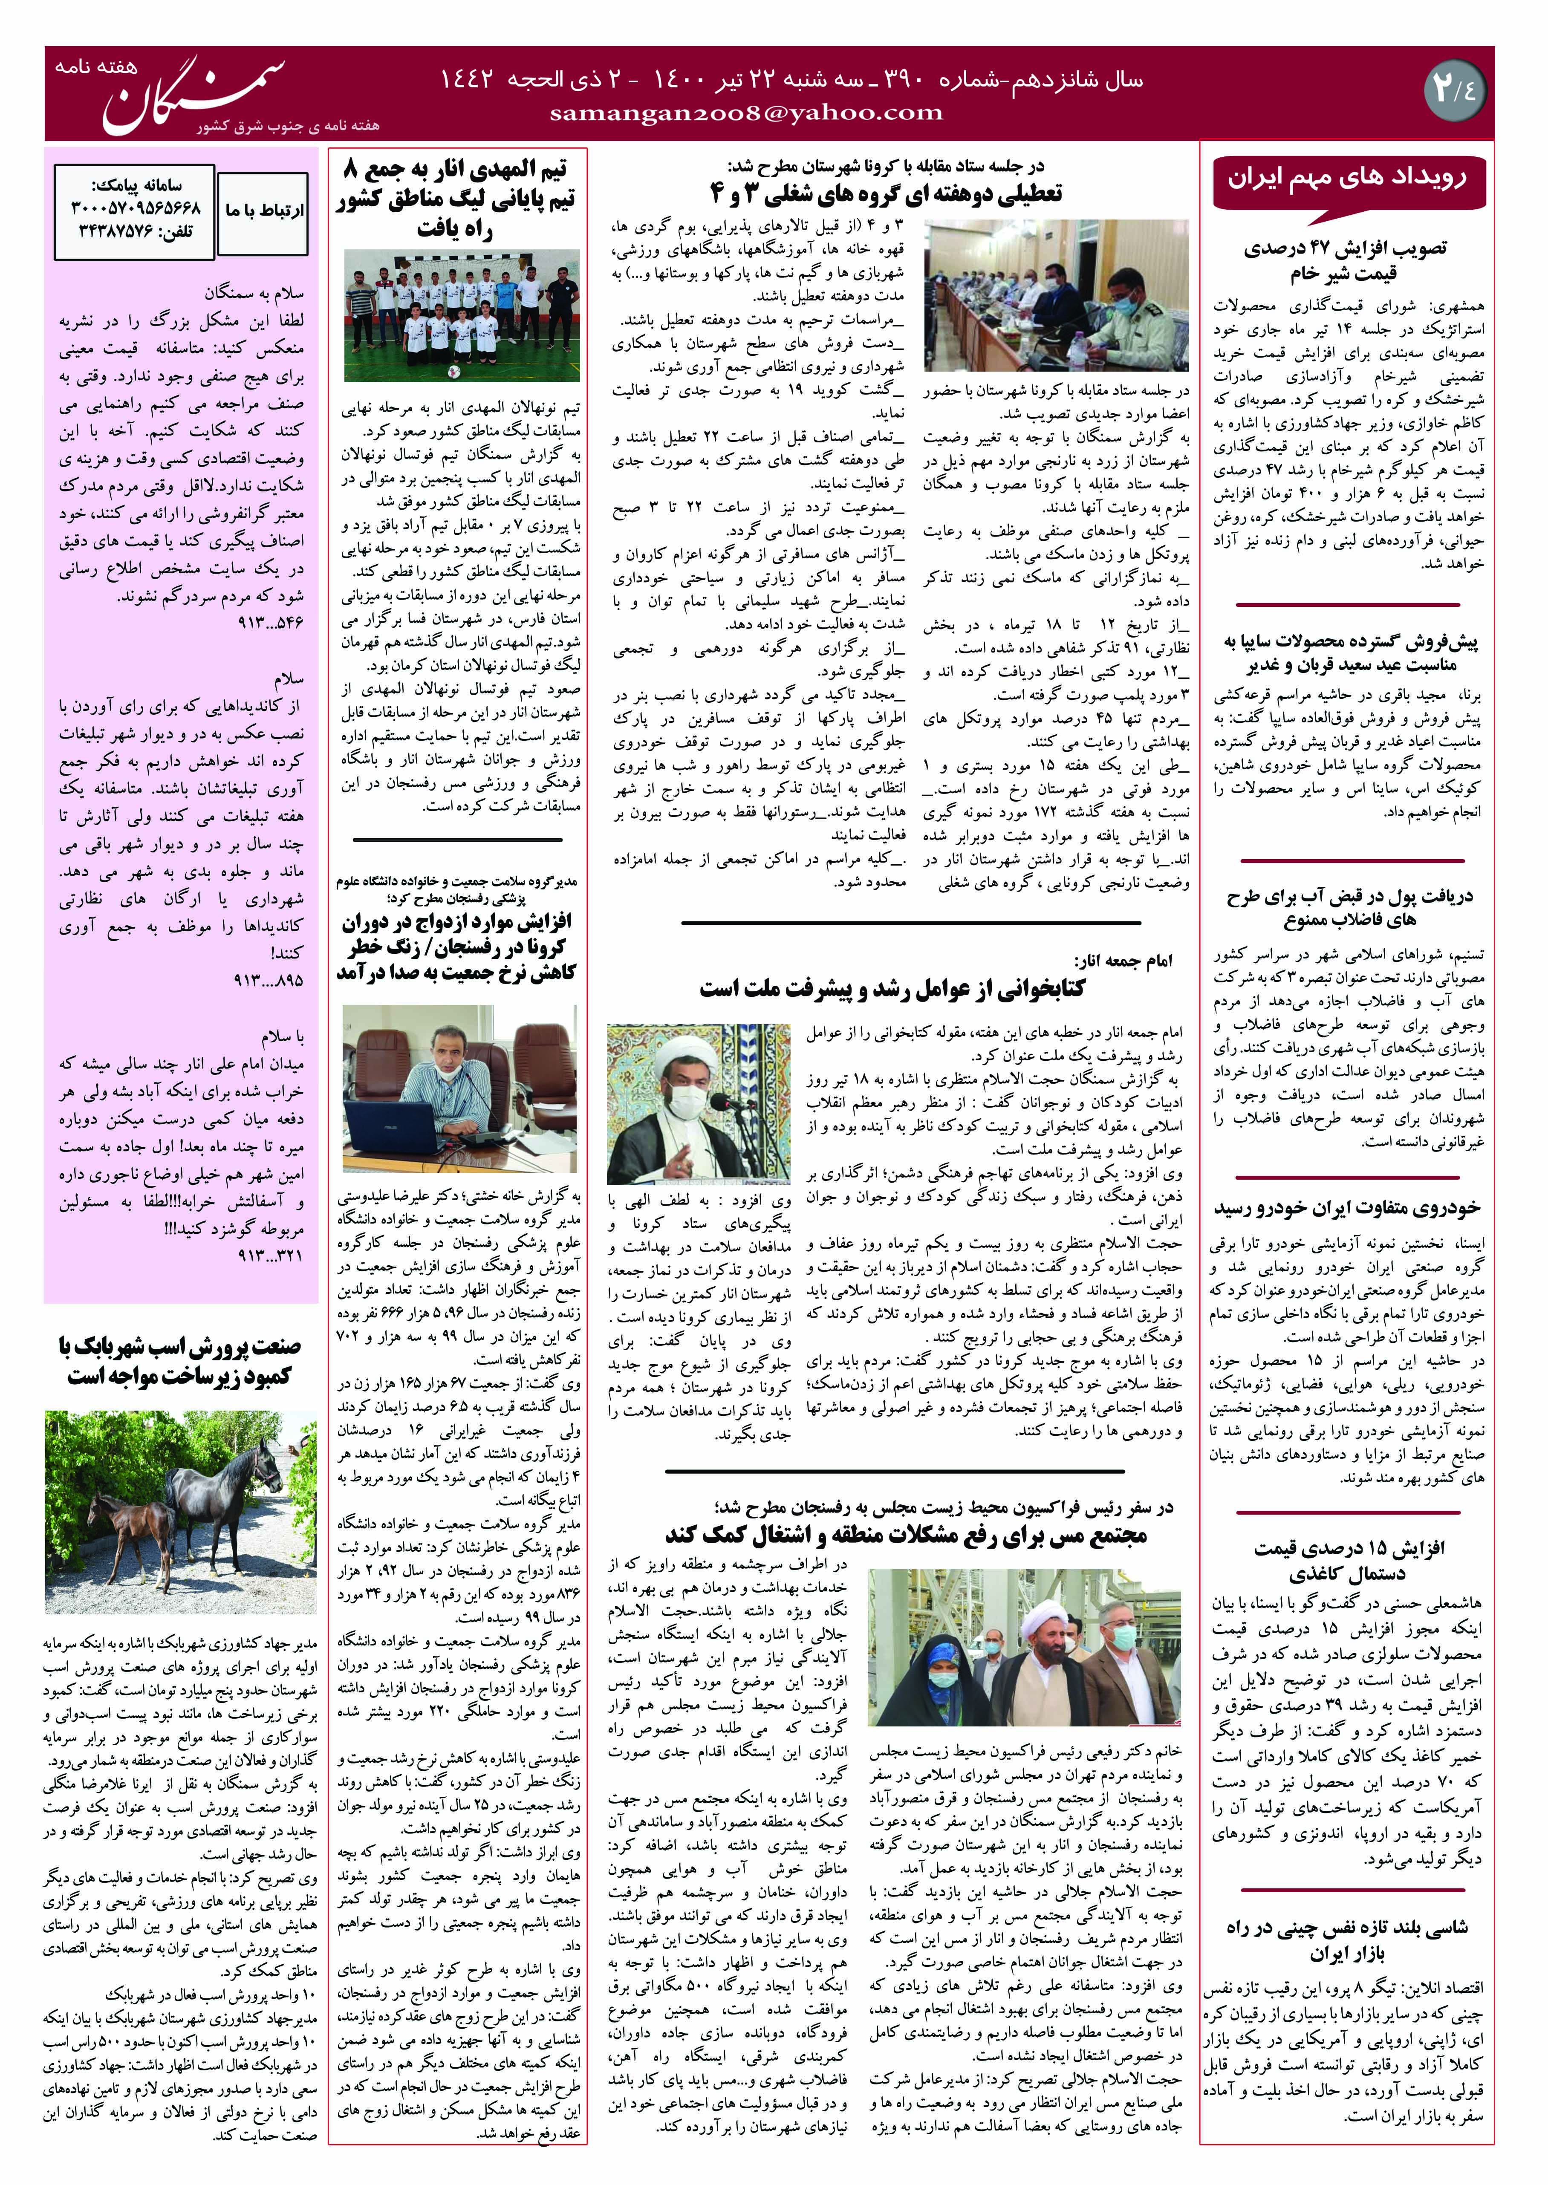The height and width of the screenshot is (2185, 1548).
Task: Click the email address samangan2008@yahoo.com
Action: (746, 113)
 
